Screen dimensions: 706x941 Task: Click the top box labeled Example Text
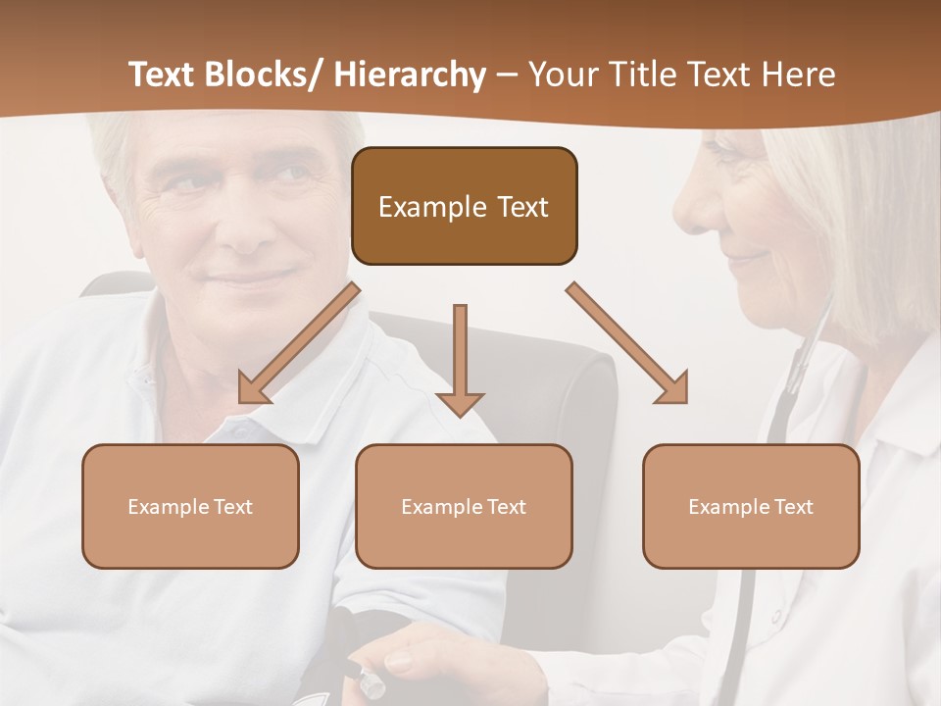click(464, 206)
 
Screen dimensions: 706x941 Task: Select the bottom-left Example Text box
click(190, 506)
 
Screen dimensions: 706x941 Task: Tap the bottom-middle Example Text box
click(464, 506)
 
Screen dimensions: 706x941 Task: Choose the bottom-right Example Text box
click(751, 506)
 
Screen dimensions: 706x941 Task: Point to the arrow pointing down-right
click(627, 343)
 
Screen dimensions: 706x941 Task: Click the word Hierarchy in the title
click(410, 75)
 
